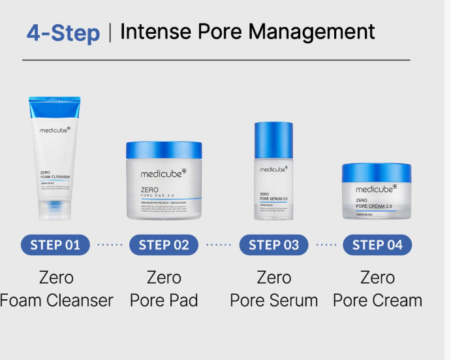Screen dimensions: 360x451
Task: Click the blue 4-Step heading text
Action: point(63,32)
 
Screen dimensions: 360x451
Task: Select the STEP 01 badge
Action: point(55,245)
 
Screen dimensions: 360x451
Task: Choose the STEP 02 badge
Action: point(164,245)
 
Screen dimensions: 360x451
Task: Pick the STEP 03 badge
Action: point(273,245)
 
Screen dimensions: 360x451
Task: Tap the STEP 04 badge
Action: point(377,245)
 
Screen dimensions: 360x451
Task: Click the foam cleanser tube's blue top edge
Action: point(55,100)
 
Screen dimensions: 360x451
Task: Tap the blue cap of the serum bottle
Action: point(273,139)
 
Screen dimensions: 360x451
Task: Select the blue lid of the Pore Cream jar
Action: point(377,172)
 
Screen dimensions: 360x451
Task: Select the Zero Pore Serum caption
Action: point(273,289)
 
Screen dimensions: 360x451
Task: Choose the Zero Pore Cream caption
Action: point(377,289)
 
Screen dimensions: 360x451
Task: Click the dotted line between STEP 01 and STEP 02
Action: point(109,245)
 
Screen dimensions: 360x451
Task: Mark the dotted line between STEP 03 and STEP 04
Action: point(326,245)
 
